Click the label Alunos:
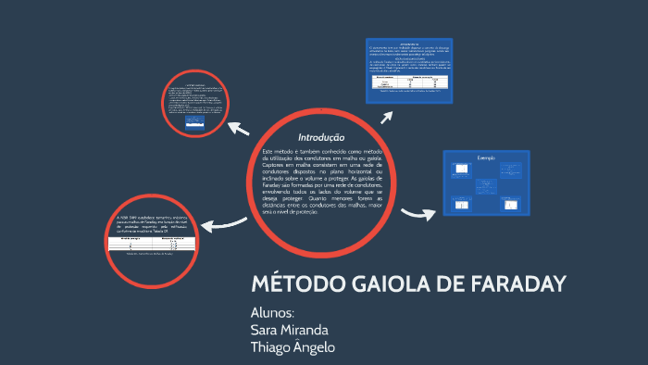pos(272,312)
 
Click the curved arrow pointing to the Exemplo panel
pos(417,215)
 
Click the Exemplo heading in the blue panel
pos(487,158)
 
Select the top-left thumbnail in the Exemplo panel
pos(460,170)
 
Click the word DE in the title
pos(445,283)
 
